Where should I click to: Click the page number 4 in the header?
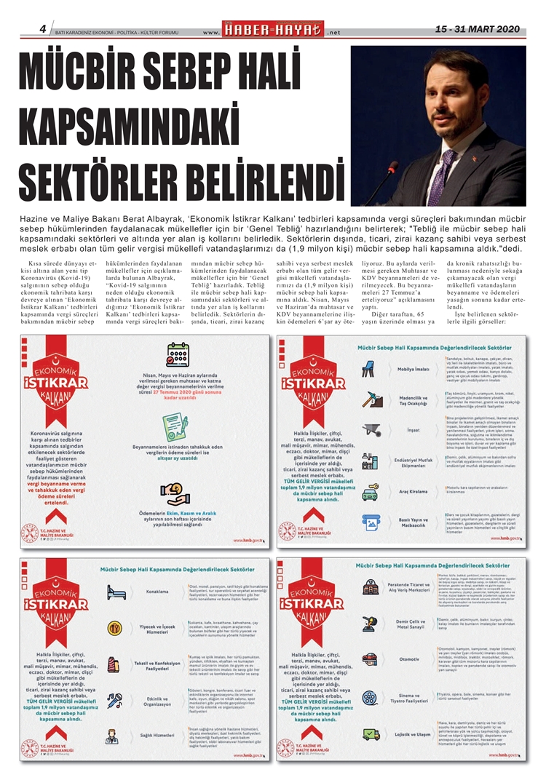pyautogui.click(x=43, y=28)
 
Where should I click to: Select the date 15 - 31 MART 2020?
pyautogui.click(x=477, y=29)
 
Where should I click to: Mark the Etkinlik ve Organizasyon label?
pyautogui.click(x=149, y=701)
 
